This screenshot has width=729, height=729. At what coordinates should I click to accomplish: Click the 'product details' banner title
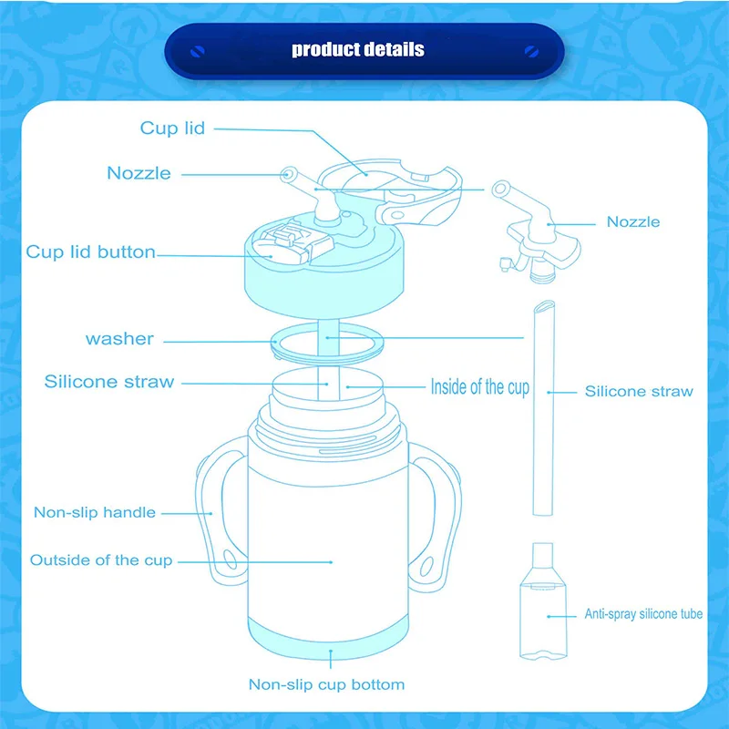357,49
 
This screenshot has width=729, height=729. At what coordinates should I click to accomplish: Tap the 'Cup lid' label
172,128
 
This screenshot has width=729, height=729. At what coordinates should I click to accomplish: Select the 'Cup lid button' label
90,252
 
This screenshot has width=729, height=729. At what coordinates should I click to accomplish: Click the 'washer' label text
119,339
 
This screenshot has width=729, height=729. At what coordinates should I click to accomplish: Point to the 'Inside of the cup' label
480,386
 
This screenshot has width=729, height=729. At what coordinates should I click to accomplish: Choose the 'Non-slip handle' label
95,512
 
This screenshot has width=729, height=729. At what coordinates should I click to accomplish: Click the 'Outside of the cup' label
101,560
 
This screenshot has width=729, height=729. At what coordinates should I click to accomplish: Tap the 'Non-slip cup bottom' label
326,684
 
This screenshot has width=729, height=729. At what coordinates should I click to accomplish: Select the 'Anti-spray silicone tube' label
643,614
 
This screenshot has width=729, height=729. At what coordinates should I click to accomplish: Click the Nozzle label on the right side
633,221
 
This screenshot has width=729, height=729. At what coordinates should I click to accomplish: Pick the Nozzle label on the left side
139,173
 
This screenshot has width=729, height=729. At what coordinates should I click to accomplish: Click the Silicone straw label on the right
639,391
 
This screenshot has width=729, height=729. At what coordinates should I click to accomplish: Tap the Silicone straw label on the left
109,381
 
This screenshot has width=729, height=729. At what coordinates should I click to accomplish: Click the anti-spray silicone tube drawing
543,601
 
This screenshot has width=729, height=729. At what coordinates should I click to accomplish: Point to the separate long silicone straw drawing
543,408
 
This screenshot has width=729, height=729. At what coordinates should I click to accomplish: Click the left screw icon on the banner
198,51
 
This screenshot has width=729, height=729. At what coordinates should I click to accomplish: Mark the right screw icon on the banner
531,51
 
